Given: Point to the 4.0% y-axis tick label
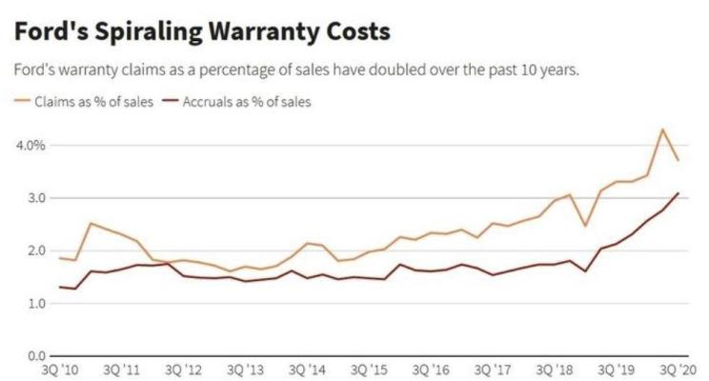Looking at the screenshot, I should [31, 145].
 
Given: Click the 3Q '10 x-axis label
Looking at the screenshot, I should [64, 369].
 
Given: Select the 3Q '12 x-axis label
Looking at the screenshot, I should [185, 369].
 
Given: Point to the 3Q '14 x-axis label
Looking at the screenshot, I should [309, 369].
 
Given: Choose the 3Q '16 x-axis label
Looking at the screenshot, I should [432, 369].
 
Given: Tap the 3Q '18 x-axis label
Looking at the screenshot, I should [555, 369].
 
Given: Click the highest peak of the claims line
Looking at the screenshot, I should [662, 130].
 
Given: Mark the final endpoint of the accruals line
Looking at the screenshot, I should [679, 193].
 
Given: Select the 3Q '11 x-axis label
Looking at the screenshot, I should [124, 369].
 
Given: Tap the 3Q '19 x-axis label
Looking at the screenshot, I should [617, 369].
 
